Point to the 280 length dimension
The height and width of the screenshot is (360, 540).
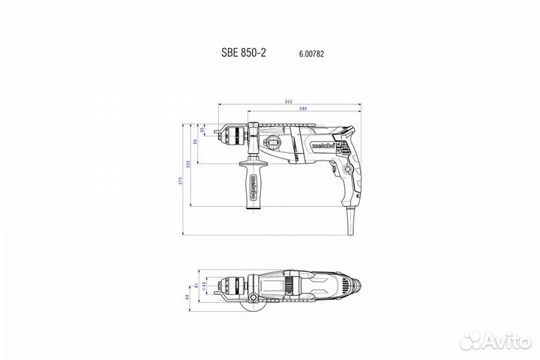point(302,109)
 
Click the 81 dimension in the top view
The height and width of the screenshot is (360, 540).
point(195,286)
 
